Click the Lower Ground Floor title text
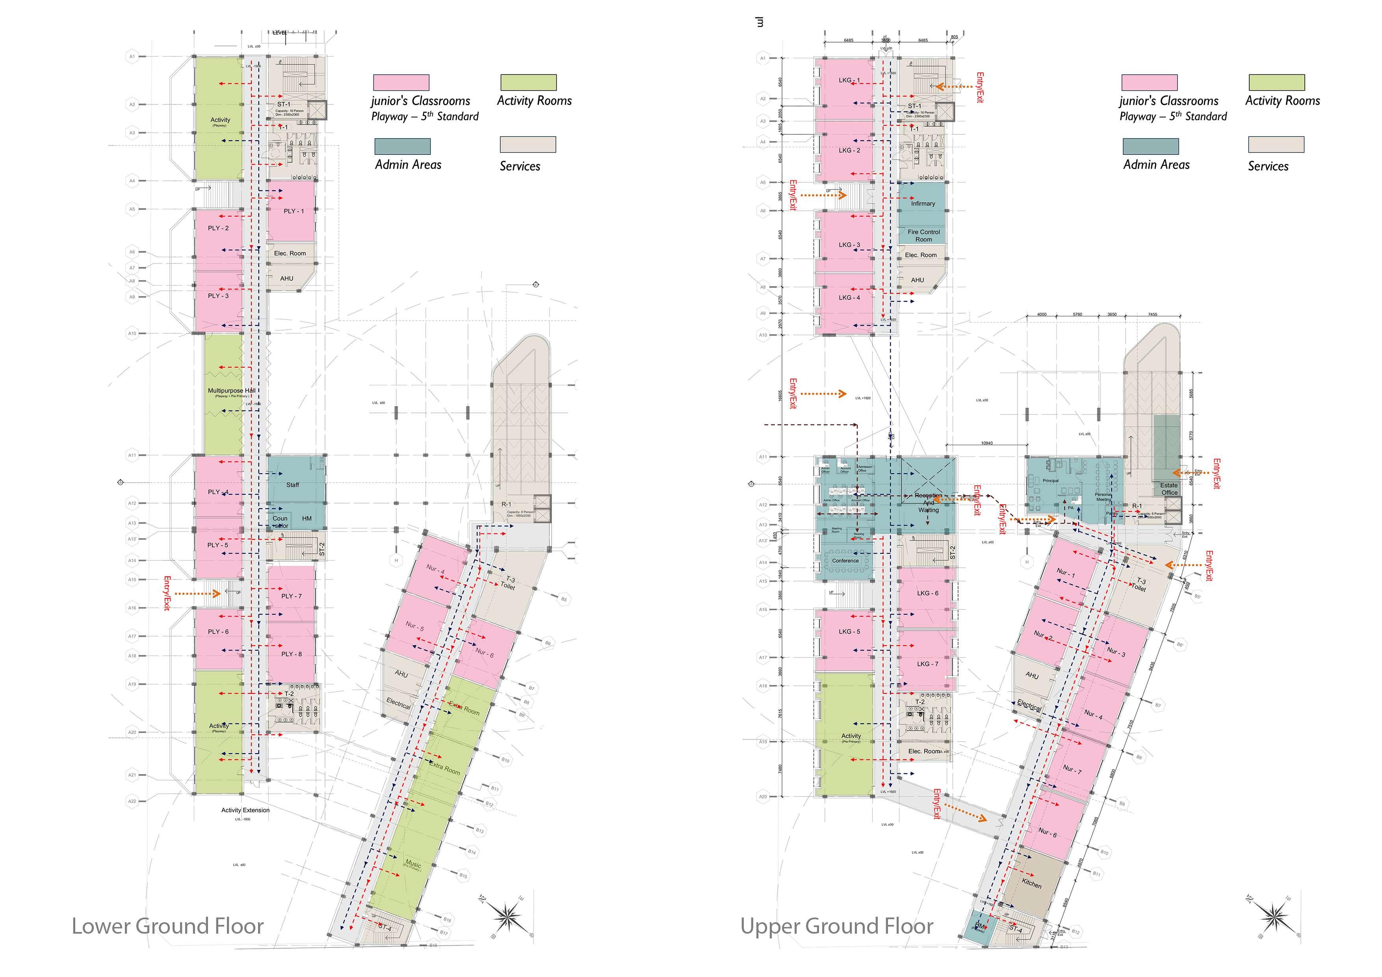(167, 926)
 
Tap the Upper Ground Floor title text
(837, 926)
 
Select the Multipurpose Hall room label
(231, 391)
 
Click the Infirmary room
(922, 203)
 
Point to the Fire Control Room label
(923, 235)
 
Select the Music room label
(413, 864)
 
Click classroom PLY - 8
(291, 654)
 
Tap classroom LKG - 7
(927, 664)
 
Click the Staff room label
(293, 485)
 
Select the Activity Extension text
(245, 810)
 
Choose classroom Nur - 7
(1072, 769)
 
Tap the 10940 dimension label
(986, 443)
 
